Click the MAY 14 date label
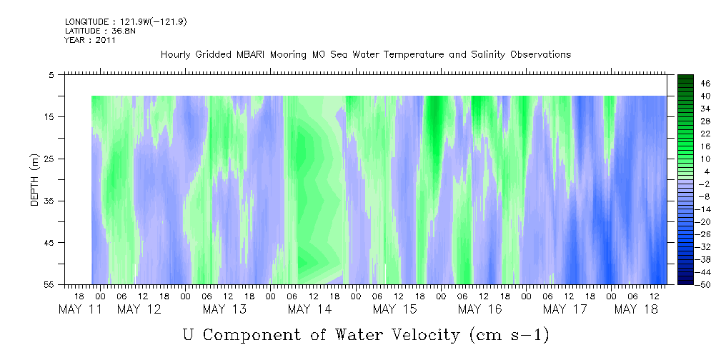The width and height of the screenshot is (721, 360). (x=309, y=309)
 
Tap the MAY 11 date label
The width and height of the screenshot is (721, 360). (x=81, y=309)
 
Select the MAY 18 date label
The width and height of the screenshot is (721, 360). (x=637, y=309)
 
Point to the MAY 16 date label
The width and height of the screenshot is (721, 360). (x=479, y=309)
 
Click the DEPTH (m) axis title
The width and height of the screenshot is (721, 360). (x=35, y=180)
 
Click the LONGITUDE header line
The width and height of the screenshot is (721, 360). (x=126, y=22)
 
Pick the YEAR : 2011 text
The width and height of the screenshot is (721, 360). (x=90, y=40)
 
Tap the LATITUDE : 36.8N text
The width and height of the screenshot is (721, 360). (x=100, y=31)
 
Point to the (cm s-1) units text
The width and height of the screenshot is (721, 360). (x=510, y=336)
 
